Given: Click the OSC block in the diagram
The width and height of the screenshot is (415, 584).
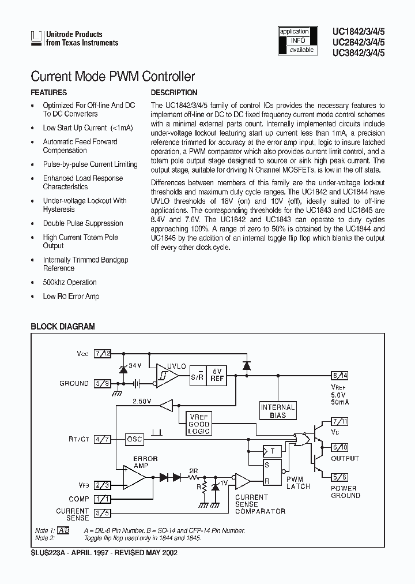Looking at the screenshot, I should [x=134, y=439].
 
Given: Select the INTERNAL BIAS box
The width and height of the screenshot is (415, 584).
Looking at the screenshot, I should [x=278, y=410].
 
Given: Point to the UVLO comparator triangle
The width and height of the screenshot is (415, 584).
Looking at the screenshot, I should [x=157, y=375].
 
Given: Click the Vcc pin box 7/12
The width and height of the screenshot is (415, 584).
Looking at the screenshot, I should [x=103, y=353].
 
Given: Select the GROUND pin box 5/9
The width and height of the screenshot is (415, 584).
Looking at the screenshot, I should [x=103, y=383].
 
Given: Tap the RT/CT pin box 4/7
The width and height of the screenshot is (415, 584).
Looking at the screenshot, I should [x=103, y=439].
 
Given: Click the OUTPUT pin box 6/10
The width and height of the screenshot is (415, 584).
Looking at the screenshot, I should [x=339, y=447].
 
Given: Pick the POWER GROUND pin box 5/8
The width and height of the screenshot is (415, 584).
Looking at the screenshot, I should [x=339, y=476].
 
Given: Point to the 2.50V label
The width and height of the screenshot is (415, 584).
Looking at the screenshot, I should [x=142, y=400].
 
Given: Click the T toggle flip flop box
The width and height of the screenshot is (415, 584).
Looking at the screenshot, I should [x=272, y=451].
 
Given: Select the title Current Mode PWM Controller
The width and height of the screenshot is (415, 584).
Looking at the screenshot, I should [x=112, y=76].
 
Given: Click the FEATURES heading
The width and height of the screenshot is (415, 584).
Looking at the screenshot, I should [x=48, y=92].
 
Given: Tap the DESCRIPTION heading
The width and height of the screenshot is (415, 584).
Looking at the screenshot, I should [x=173, y=92].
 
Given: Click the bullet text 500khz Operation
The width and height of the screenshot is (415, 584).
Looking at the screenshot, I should [x=70, y=282].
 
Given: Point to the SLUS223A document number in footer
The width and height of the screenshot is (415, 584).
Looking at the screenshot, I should [x=47, y=552].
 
